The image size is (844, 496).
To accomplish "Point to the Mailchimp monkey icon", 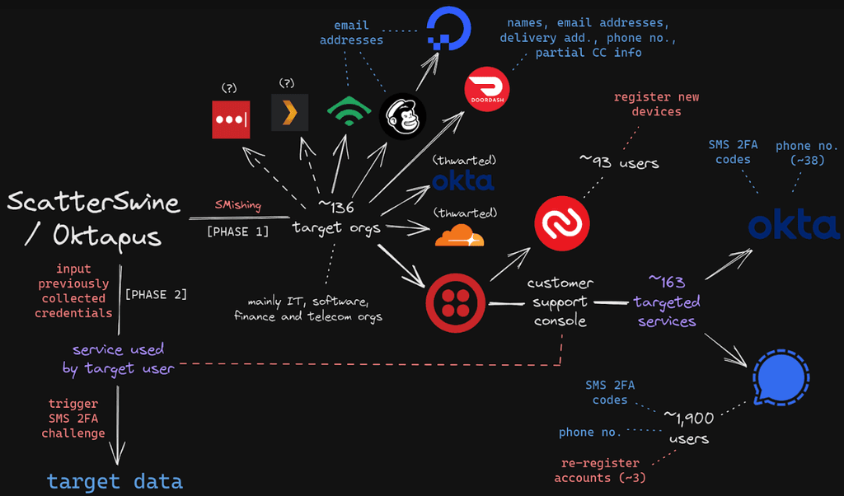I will click(x=402, y=116).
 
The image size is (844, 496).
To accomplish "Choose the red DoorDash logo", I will click(x=487, y=88).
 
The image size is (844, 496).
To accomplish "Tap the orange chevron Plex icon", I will click(x=290, y=113).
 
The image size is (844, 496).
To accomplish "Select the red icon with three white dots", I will click(x=226, y=118).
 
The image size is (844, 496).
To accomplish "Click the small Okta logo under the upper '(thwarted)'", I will click(x=462, y=180).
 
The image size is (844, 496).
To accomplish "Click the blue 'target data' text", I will click(x=115, y=480).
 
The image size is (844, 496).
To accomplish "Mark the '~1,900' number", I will click(x=688, y=419).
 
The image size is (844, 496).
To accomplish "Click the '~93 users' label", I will click(x=619, y=162).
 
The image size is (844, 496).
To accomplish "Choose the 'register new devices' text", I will click(x=656, y=104).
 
